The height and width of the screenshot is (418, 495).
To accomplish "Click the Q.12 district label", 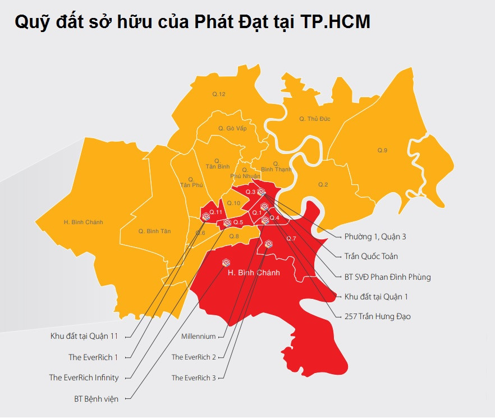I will (218, 94).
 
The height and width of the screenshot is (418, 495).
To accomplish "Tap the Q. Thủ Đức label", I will (314, 119).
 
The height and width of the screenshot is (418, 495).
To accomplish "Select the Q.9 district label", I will (382, 151).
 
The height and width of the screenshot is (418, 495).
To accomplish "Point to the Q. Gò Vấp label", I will (232, 129).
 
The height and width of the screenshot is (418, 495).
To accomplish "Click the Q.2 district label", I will (323, 184).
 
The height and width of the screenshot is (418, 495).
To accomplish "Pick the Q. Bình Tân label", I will (154, 231).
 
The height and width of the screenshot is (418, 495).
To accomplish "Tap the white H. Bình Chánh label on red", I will (254, 273).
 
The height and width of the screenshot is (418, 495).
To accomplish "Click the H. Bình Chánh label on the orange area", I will (84, 222).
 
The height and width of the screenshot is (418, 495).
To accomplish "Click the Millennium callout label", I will (199, 337).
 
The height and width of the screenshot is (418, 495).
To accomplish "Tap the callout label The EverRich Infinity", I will (84, 378).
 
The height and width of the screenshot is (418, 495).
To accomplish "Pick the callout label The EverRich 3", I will (194, 378).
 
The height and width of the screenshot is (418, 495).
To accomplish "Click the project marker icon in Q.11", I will (205, 215).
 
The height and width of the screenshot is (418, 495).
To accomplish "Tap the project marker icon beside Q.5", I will (227, 223).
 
